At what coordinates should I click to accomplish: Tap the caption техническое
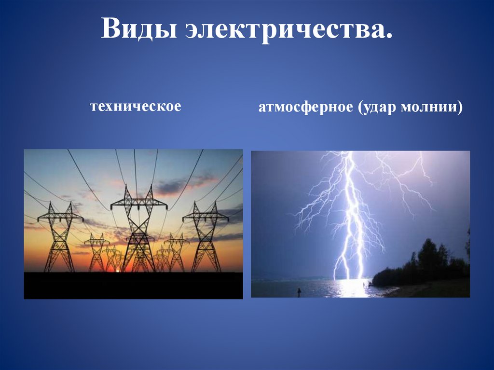point(135,106)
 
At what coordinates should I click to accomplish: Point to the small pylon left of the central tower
point(96,251)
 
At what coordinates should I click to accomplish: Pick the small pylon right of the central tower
point(176,251)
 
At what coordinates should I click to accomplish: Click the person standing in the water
point(299,291)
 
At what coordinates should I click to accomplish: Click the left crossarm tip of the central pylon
point(111,206)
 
